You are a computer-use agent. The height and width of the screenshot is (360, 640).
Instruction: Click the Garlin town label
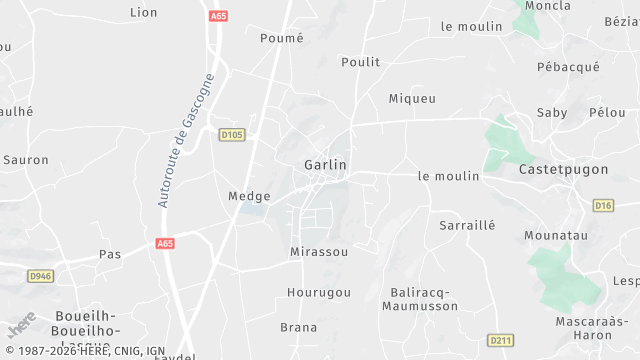325,164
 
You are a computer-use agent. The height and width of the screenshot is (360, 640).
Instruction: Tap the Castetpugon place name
563,170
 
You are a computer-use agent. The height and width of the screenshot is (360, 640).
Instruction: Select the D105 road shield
232,133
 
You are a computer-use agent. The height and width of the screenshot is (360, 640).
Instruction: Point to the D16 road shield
602,205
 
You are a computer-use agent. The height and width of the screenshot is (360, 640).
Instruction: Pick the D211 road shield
501,340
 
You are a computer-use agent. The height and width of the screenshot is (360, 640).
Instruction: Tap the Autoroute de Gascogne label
186,140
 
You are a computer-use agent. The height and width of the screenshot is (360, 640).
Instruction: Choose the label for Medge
249,196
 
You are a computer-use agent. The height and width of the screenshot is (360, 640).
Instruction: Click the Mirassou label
319,252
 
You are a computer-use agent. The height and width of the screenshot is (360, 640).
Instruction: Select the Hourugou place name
319,292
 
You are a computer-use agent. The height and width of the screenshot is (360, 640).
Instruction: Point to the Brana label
298,327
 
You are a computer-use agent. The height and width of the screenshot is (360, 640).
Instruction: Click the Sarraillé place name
468,225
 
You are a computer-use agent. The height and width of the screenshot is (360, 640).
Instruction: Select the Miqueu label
412,98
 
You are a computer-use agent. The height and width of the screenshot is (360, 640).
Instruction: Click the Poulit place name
360,61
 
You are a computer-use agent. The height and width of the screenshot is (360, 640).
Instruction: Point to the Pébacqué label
568,67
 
